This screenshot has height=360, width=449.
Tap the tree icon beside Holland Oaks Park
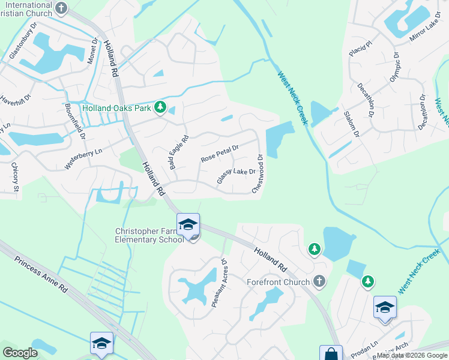pyautogui.click(x=160, y=107)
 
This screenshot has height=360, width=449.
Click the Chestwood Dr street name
pyautogui.click(x=259, y=173)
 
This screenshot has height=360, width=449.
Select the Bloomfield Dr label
pyautogui.click(x=74, y=124)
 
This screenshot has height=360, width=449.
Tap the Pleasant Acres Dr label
pyautogui.click(x=218, y=283)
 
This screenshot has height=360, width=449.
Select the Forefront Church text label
pyautogui.click(x=279, y=282)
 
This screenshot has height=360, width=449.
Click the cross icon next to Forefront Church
pyautogui.click(x=320, y=280)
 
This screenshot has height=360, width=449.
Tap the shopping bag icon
pyautogui.click(x=331, y=354)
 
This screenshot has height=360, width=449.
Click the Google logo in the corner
pyautogui.click(x=20, y=353)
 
